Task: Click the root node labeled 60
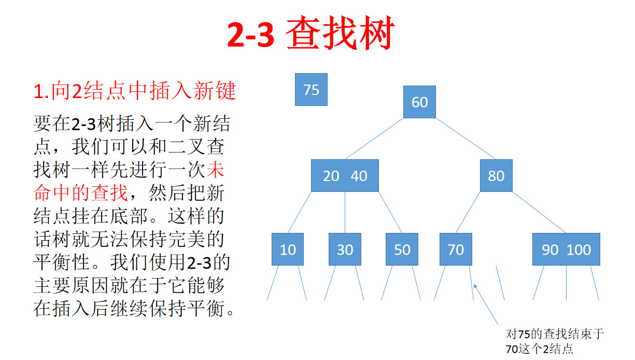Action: point(419,102)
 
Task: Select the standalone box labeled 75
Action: point(311,90)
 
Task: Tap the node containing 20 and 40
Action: point(345,176)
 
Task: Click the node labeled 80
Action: point(496,176)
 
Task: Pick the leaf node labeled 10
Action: point(288,250)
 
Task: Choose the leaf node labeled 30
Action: point(345,250)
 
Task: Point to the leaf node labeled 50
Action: point(402,250)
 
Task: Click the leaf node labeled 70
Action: point(456,250)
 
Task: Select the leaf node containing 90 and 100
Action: point(566,250)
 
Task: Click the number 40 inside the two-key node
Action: point(359,176)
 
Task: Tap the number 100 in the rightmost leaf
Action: point(578,250)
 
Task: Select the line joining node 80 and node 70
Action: point(468,212)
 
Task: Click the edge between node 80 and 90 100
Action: point(539,212)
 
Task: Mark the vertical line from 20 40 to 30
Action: point(345,212)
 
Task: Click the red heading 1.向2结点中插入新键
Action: point(135,92)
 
